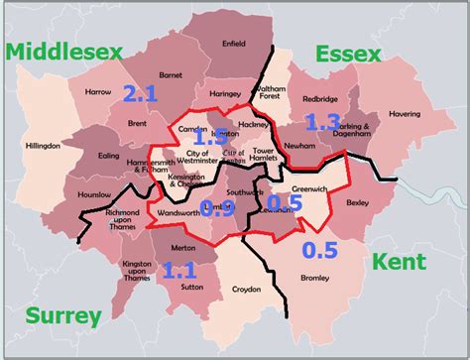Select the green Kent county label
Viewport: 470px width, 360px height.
[399, 263]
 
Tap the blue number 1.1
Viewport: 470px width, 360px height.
[179, 270]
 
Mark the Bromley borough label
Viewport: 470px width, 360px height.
[315, 279]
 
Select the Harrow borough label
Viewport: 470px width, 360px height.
[98, 92]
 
